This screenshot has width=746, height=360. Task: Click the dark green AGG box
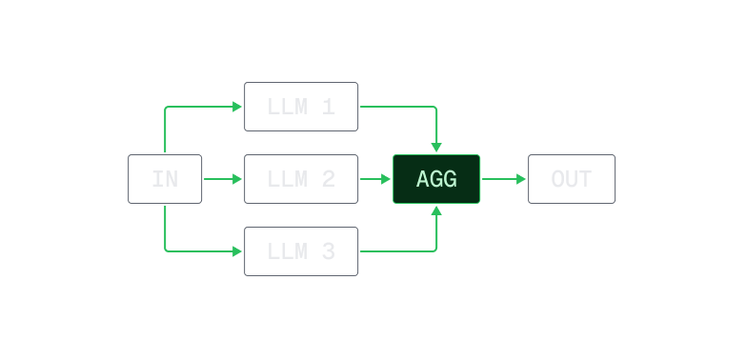click(x=436, y=179)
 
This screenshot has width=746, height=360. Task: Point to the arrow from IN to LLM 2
click(x=223, y=179)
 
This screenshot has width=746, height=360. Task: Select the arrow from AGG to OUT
click(x=503, y=179)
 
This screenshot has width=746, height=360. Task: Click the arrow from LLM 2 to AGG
click(x=374, y=179)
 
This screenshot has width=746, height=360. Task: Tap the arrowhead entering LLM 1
click(x=238, y=107)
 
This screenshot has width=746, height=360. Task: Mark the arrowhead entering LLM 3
click(x=238, y=251)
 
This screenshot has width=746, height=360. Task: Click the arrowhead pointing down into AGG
click(x=436, y=148)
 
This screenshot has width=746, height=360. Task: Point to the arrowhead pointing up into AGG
click(x=436, y=210)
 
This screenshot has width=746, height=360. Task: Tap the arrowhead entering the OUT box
click(x=521, y=179)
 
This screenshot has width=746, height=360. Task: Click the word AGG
click(x=436, y=179)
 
